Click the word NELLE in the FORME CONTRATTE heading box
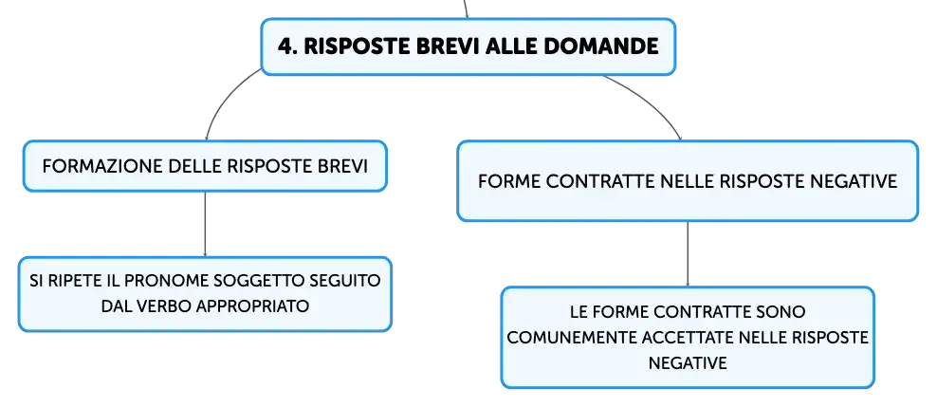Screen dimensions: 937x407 coord(688,181)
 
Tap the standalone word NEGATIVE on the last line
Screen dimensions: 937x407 coord(688,362)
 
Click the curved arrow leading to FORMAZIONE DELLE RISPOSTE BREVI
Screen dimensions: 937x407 coord(224,98)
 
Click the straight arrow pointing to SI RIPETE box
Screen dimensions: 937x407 coord(205,224)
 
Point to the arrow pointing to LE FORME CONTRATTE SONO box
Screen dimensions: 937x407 coord(688,254)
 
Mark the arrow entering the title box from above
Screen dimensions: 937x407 coord(466,9)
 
